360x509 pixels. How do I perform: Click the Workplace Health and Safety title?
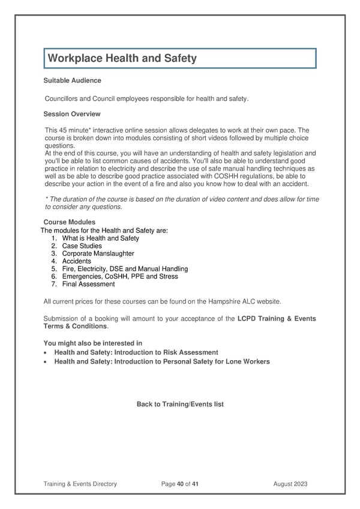point(122,58)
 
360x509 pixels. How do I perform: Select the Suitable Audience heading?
point(73,80)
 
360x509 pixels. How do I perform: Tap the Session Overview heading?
point(72,114)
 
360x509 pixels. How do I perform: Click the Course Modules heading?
point(70,222)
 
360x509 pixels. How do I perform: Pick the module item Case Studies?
point(82,246)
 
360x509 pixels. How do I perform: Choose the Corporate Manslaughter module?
point(98,254)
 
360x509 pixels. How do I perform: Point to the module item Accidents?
point(76,262)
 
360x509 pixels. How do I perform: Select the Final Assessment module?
point(88,285)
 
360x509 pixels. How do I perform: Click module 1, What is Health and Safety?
point(100,238)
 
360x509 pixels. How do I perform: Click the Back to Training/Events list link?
point(180,405)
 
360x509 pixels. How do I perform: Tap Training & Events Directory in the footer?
point(80,483)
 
